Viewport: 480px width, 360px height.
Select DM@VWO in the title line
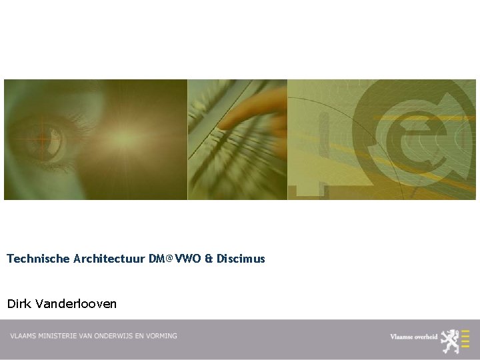174,258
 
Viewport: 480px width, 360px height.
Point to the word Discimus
241,258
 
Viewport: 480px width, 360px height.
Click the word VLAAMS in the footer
24,336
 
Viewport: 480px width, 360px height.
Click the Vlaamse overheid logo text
414,337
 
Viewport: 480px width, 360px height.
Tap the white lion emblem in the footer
451,340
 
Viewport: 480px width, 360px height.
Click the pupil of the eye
45,138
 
